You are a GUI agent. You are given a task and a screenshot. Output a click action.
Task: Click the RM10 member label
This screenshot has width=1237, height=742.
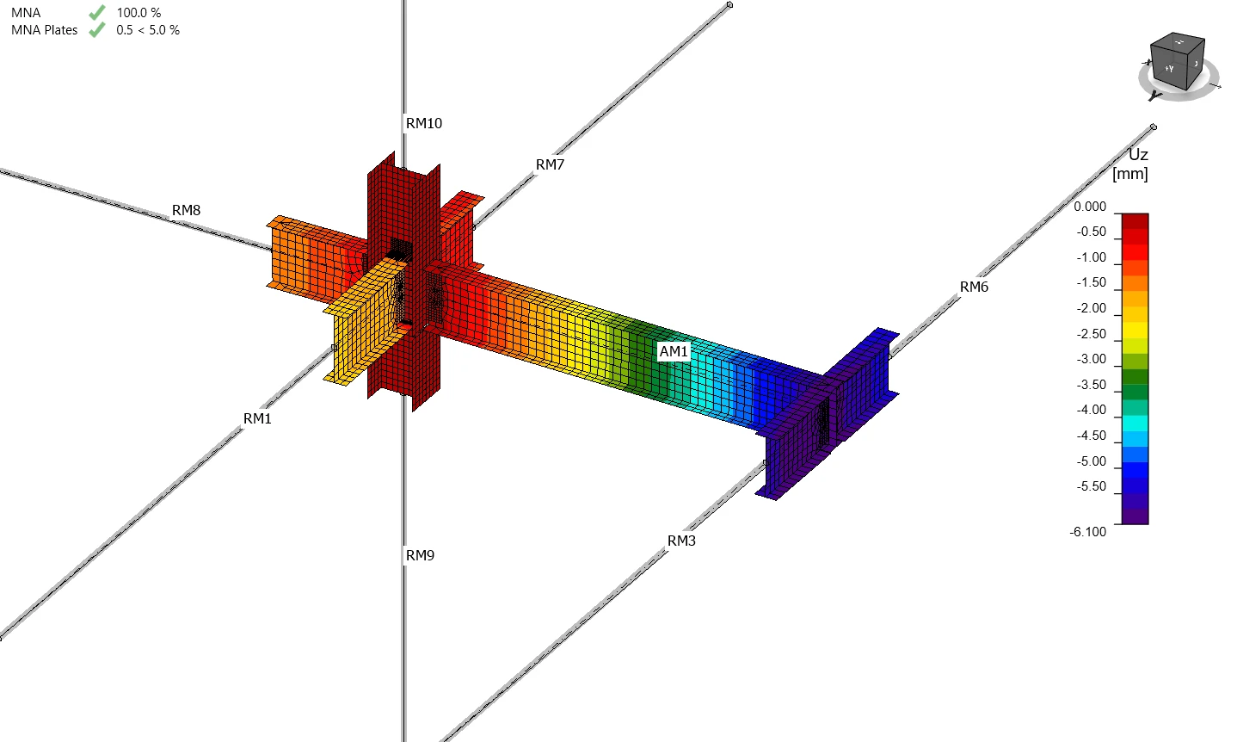423,123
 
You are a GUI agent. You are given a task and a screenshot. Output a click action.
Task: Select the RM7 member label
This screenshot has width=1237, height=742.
550,164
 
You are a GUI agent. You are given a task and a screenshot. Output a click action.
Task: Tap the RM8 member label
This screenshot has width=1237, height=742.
186,211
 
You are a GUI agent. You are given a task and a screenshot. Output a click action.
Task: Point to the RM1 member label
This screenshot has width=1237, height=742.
257,419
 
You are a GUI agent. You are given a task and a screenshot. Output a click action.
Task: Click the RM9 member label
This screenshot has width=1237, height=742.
420,555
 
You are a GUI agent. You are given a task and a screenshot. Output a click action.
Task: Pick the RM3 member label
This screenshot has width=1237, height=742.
681,541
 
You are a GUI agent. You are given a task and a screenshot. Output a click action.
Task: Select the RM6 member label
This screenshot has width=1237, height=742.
974,288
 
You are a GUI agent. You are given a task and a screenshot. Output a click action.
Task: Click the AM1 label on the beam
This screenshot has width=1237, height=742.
674,351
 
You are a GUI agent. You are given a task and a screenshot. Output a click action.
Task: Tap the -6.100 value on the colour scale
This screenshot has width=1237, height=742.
1088,532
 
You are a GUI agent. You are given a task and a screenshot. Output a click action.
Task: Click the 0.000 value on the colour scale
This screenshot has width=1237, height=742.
1090,207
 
